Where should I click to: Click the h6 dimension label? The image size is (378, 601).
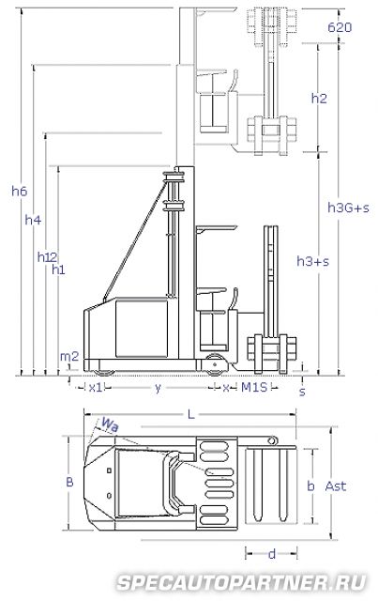coord(19,191)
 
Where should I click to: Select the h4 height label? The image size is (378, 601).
coord(33,220)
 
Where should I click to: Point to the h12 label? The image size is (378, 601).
coord(47,257)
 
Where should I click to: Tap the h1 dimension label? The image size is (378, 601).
coord(58,270)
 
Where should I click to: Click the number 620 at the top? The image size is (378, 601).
coord(340,27)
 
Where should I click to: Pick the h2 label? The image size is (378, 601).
coord(319,99)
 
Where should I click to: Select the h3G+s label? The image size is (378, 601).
coord(348,208)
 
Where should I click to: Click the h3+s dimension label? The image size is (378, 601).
coord(313,261)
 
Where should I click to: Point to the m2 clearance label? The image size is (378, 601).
coord(68,357)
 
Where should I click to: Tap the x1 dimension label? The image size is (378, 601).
coord(96,388)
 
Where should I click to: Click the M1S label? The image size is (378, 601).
coord(254,388)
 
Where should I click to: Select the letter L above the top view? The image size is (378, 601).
coord(190,414)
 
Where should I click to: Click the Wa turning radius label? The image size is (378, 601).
coord(110,424)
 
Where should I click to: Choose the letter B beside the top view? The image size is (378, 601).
coord(69,482)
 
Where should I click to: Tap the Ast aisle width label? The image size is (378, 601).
coord(336,486)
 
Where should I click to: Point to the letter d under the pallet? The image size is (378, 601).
coord(272,553)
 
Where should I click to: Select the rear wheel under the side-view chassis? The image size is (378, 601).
coord(104,373)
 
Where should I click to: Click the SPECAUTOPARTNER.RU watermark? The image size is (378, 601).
coord(242,583)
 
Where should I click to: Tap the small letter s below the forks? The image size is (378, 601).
coord(302,392)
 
